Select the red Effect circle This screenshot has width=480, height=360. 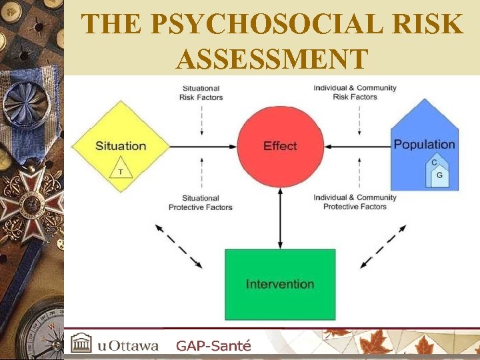coord(280,146)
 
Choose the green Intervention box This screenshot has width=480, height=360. coord(279,284)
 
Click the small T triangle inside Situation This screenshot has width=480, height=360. coord(121,170)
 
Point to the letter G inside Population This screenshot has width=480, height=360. coord(439,175)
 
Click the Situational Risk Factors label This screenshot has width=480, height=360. coord(201,92)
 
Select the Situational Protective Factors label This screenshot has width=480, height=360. coord(201,202)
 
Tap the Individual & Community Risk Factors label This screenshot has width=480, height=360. coord(355,92)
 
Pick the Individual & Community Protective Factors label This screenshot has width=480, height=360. coord(355,202)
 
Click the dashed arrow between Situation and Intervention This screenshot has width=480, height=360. coord(178,245)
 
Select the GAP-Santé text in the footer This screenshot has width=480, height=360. coord(213,345)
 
